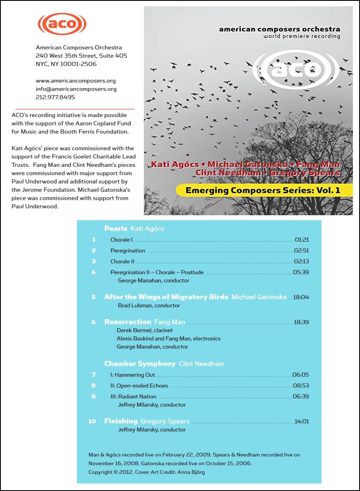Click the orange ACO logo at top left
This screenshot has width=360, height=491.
pos(62,24)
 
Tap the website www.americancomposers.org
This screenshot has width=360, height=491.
pos(76,81)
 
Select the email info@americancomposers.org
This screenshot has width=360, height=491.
pos(76,89)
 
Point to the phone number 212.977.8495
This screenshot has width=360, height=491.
pos(56,97)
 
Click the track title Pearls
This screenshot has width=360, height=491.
pos(116,229)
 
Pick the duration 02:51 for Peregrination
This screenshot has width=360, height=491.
pos(301,251)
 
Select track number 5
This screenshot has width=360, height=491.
pos(94,297)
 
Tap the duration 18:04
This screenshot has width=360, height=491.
pos(301,297)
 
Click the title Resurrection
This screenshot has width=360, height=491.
pos(128,322)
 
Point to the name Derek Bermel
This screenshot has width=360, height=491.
pos(133,330)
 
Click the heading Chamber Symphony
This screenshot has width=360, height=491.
pos(140,364)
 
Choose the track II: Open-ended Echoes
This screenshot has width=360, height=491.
pos(139,386)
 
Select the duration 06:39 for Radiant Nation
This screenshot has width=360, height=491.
pos(301,396)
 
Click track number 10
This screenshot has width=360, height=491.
pos(92,421)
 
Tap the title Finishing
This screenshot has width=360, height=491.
pos(121,421)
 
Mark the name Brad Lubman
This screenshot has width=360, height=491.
pos(134,305)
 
